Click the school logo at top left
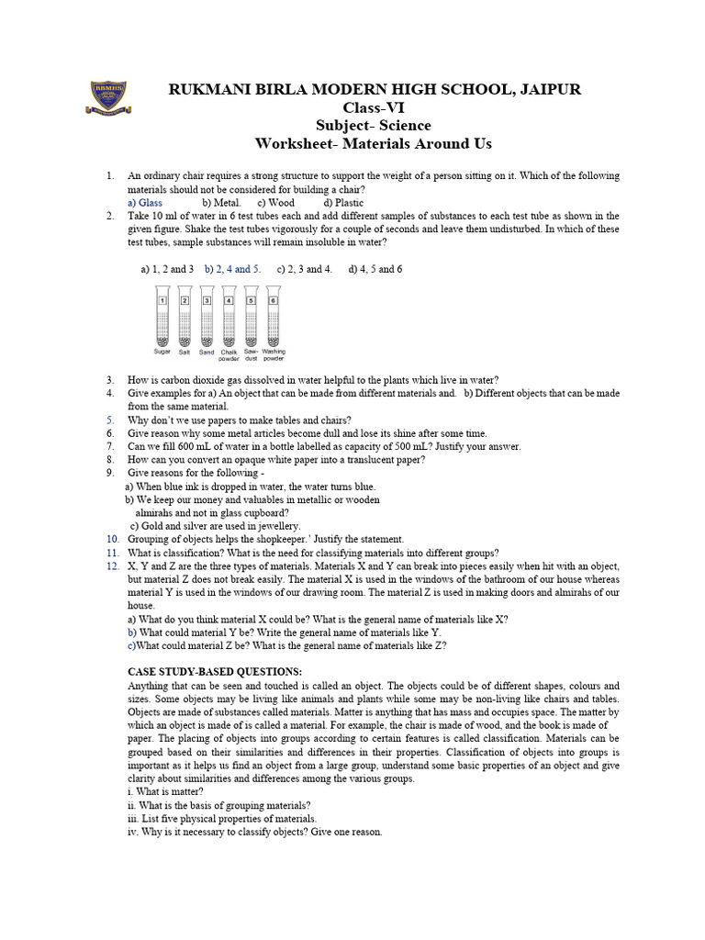pyautogui.click(x=107, y=97)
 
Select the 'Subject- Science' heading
pyautogui.click(x=373, y=126)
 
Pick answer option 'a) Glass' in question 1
pyautogui.click(x=145, y=202)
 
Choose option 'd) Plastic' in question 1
pyautogui.click(x=343, y=202)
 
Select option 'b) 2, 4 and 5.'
pyautogui.click(x=232, y=269)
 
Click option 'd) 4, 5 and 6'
pyautogui.click(x=375, y=269)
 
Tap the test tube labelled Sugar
pyautogui.click(x=162, y=317)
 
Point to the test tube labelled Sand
pyautogui.click(x=207, y=317)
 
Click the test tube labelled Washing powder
pyautogui.click(x=273, y=317)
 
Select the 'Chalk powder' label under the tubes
pyautogui.click(x=229, y=354)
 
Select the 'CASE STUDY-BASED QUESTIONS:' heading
pyautogui.click(x=215, y=672)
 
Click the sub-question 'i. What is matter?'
pyautogui.click(x=165, y=792)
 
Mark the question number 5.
pyautogui.click(x=109, y=420)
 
